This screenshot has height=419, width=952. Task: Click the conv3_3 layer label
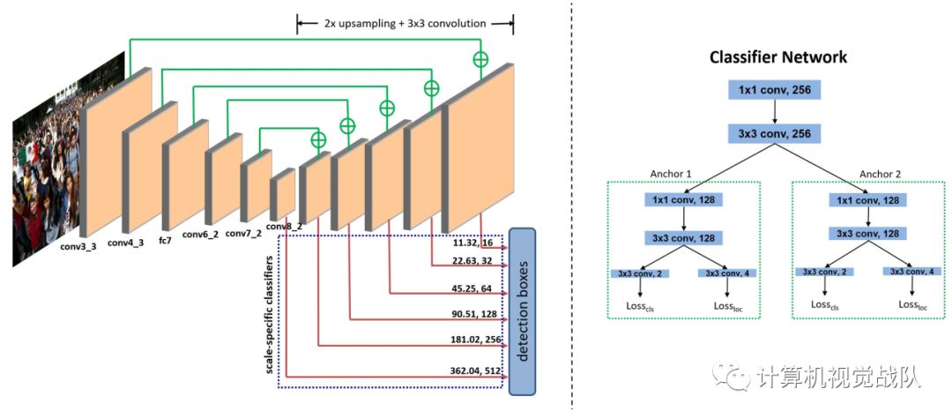click(x=79, y=246)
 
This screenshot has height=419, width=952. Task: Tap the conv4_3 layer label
click(x=126, y=240)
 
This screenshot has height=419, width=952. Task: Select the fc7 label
click(x=165, y=239)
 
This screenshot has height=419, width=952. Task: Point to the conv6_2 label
click(x=201, y=236)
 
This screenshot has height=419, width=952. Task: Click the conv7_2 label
click(x=243, y=234)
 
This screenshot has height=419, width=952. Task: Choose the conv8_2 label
click(x=284, y=226)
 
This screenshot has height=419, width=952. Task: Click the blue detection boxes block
click(x=522, y=311)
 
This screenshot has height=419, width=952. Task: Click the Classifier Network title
click(x=778, y=57)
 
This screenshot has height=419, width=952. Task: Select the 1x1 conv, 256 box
click(x=774, y=89)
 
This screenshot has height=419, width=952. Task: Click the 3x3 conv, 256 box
click(x=774, y=134)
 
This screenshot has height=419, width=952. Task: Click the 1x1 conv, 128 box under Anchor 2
click(x=866, y=200)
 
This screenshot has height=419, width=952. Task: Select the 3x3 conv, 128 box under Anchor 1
click(x=683, y=237)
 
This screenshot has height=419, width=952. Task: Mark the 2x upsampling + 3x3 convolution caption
click(x=404, y=23)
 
